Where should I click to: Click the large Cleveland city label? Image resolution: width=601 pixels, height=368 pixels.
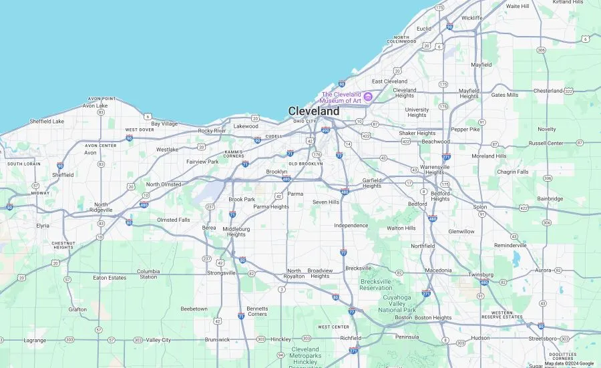[313, 111]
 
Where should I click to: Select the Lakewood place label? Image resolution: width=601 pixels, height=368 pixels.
[246, 126]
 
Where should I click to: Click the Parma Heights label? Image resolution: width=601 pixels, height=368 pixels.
[271, 207]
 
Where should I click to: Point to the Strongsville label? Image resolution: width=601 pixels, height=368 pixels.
[221, 273]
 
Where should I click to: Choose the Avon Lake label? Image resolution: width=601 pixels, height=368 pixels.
[95, 106]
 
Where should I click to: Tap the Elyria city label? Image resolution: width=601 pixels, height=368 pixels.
[43, 226]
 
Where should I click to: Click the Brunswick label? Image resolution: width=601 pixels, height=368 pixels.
[217, 339]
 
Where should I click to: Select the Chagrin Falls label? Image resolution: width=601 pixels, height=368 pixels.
[513, 172]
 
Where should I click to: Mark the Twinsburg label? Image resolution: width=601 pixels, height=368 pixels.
[481, 274]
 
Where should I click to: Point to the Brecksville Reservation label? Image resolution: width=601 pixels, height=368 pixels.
[376, 285]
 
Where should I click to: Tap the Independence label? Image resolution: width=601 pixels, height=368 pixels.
[351, 226]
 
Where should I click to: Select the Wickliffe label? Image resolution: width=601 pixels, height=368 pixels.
[471, 18]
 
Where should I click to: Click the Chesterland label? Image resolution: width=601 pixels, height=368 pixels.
[548, 91]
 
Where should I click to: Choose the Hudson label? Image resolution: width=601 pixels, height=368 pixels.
[480, 338]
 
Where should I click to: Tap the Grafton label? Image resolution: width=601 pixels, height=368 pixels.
[77, 309]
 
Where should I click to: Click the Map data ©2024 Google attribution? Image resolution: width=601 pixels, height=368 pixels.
[569, 364]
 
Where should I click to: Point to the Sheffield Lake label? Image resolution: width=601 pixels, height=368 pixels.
[47, 122]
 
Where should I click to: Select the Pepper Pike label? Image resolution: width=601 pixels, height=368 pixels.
[465, 130]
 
